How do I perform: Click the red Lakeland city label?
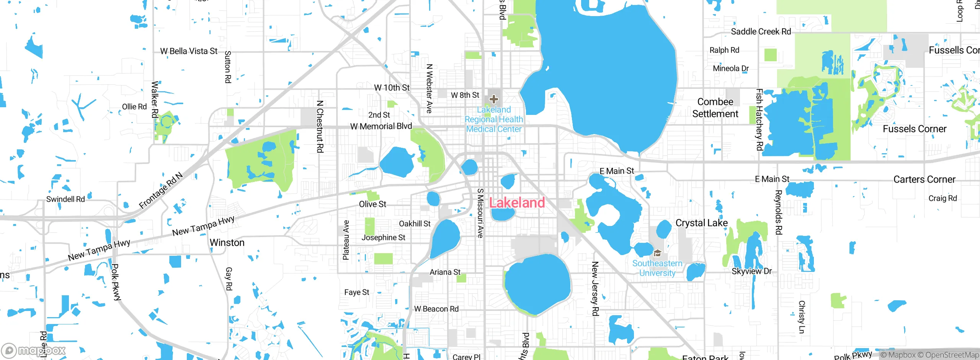coord(517,203)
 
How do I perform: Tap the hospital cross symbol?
coord(494,99)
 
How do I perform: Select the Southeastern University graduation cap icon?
coord(657,253)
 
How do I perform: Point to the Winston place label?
coord(227,243)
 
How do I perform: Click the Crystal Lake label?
coord(701,223)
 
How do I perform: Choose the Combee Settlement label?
coord(715,108)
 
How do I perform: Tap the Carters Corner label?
coord(924,179)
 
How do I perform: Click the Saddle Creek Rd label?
coord(761,31)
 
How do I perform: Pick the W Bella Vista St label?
coord(189,51)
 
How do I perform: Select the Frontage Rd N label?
coord(161,190)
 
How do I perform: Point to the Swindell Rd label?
coord(65,199)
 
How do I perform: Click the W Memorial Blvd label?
coord(381,126)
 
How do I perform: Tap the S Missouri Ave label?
coord(480,213)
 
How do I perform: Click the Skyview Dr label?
coord(751,271)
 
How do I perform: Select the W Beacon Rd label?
coord(436,309)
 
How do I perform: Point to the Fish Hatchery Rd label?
coord(759,119)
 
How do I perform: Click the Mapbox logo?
coord(34,350)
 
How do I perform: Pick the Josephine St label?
coord(383,237)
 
